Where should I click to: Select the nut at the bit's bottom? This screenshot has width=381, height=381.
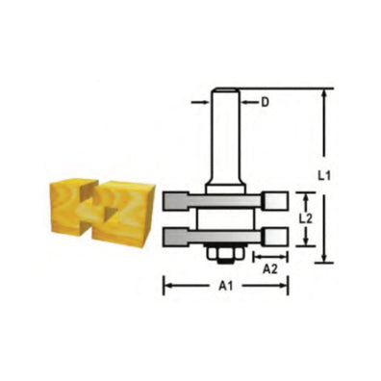coord(226,251)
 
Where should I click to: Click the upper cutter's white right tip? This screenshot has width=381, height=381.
coord(277,201)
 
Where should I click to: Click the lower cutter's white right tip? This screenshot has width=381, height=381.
coord(277,235)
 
